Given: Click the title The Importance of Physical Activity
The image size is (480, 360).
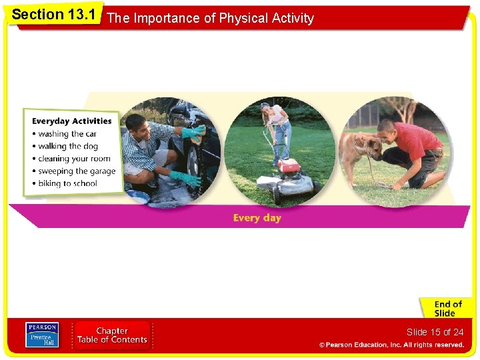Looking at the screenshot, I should point(210,19).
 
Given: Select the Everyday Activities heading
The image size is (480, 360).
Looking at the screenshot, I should point(72,121).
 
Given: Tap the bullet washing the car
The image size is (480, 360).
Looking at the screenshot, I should point(67,134).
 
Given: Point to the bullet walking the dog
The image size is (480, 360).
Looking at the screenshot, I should point(68,146).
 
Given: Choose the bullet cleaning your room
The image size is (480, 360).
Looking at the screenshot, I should point(74,159).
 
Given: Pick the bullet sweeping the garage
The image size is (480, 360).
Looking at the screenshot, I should point(77,171).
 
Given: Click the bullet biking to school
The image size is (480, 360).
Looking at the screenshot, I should point(67,183).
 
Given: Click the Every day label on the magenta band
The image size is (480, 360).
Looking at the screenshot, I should point(257,218).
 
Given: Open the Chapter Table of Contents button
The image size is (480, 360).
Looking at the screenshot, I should point(112,335).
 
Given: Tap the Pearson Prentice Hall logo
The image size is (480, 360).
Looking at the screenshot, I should point(42,335).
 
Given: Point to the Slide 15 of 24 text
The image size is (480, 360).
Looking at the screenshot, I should point(435,332).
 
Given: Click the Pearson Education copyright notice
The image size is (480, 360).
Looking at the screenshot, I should point(391,345).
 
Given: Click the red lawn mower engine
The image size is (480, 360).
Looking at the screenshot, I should point(288,166).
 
